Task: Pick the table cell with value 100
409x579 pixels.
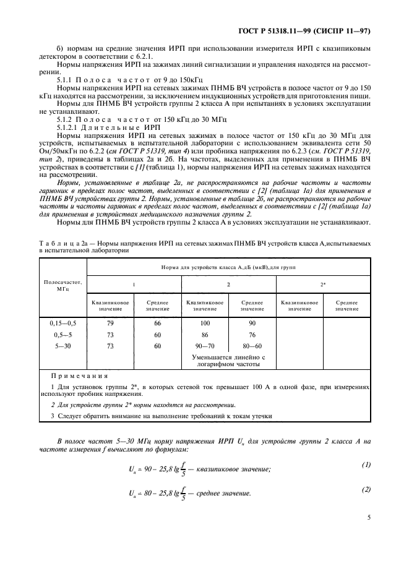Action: (205, 323)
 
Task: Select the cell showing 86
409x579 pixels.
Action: (205, 335)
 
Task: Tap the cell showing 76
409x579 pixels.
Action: (252, 335)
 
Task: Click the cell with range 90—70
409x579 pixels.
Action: (205, 346)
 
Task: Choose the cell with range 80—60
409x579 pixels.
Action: (252, 346)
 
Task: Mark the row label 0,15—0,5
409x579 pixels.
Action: (62, 323)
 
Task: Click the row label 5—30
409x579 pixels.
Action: (62, 346)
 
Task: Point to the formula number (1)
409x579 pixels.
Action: (365, 464)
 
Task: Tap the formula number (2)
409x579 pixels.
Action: (365, 489)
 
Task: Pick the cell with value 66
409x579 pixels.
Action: (157, 323)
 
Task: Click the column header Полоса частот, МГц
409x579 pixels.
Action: (62, 285)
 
